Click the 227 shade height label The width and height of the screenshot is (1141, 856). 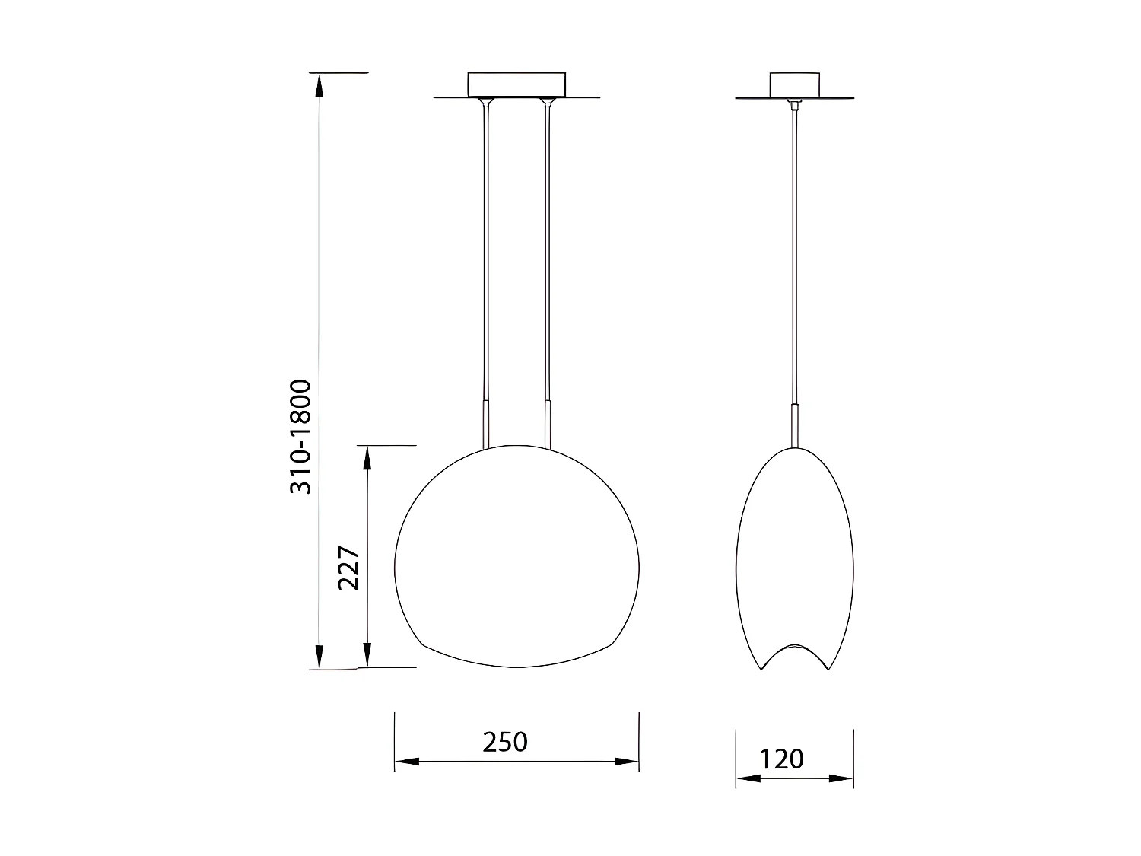[x=349, y=567]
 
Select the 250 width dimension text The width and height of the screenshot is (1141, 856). [x=505, y=741]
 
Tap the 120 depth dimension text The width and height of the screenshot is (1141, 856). [x=781, y=759]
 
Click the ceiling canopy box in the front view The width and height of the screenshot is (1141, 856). [x=516, y=84]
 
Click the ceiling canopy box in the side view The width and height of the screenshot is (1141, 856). [x=795, y=84]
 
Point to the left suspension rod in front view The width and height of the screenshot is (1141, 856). [x=485, y=251]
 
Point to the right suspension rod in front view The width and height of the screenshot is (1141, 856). [x=547, y=251]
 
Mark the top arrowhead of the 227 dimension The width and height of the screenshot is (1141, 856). [x=367, y=458]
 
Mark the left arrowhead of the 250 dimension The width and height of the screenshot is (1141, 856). [x=406, y=761]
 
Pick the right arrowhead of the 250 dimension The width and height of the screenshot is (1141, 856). [x=627, y=761]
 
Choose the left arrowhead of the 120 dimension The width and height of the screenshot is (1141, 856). [x=747, y=778]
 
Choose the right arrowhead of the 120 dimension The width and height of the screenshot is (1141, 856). [x=842, y=778]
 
